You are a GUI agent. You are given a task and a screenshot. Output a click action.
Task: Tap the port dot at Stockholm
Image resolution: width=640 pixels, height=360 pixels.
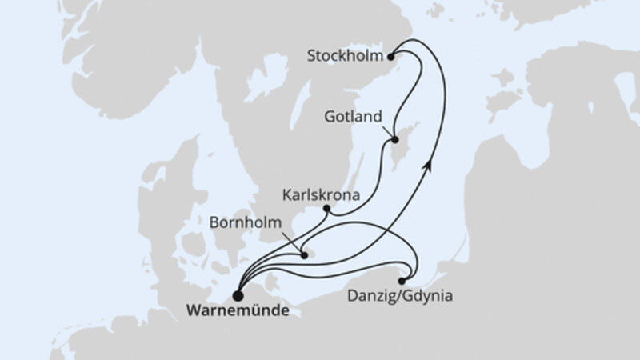390,56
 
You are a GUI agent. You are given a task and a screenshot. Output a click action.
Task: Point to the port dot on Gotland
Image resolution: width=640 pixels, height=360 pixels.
394,142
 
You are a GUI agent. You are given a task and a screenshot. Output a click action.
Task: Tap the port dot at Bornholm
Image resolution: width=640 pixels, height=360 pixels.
304,256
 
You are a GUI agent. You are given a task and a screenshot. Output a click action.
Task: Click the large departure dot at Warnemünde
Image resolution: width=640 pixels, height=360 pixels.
238,293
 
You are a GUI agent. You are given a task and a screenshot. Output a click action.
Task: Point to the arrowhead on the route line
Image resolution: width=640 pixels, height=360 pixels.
430,163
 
